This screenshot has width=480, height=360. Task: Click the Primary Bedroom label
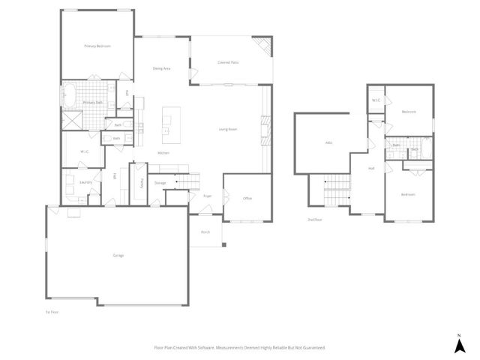pyautogui.click(x=97, y=46)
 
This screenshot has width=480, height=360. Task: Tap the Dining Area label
pyautogui.click(x=161, y=68)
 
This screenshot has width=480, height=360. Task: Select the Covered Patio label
pyautogui.click(x=228, y=62)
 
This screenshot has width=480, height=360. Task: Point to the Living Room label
pyautogui.click(x=228, y=129)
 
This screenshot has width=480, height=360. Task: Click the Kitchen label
pyautogui.click(x=163, y=153)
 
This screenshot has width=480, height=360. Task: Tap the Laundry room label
pyautogui.click(x=85, y=181)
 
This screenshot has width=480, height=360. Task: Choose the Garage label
pyautogui.click(x=118, y=256)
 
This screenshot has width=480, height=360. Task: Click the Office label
pyautogui.click(x=247, y=198)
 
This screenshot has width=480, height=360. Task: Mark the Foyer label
pyautogui.click(x=207, y=196)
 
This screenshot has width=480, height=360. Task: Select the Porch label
pyautogui.click(x=205, y=232)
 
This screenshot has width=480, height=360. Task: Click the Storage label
pyautogui.click(x=160, y=182)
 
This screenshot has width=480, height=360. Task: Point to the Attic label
pyautogui.click(x=328, y=142)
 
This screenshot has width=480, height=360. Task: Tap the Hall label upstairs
pyautogui.click(x=371, y=169)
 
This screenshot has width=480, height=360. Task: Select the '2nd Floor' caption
pyautogui.click(x=314, y=220)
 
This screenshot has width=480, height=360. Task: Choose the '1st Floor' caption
pyautogui.click(x=52, y=310)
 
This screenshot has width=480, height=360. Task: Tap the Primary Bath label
pyautogui.click(x=93, y=103)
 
